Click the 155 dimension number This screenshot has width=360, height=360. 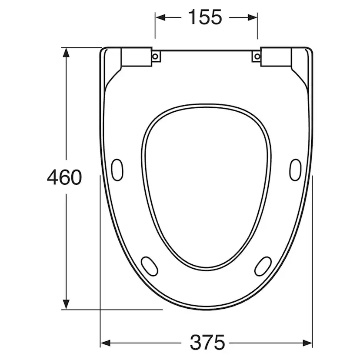tap(205, 17)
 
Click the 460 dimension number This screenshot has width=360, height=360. tap(64, 177)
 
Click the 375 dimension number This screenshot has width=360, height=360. tap(207, 342)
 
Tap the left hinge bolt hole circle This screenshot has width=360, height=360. tap(155, 56)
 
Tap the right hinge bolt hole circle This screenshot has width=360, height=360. tap(257, 56)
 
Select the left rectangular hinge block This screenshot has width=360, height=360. tap(137, 57)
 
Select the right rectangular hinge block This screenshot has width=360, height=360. tap(276, 57)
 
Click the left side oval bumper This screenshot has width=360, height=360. tap(117, 170)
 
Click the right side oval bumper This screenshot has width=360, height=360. tap(295, 170)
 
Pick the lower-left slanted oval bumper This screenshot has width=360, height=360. tap(150, 266)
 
